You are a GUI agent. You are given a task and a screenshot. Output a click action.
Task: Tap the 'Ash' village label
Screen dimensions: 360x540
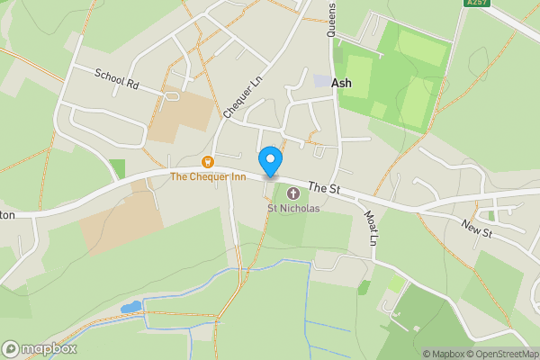342,82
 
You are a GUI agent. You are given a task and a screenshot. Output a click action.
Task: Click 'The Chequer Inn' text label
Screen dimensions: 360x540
209,177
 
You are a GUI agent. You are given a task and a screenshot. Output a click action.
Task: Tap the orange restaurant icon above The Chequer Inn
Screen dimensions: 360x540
209,162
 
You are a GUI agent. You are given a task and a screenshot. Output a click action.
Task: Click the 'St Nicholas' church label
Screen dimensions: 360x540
293,208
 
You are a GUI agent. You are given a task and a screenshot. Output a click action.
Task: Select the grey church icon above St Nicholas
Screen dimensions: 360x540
293,193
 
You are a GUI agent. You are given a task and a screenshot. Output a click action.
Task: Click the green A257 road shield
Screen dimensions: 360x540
477,4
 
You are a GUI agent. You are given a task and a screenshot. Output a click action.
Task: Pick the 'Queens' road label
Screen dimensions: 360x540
331,18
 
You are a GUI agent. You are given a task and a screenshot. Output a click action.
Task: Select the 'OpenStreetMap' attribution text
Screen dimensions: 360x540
505,354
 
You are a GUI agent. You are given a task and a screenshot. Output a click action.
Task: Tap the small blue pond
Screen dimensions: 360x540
132,307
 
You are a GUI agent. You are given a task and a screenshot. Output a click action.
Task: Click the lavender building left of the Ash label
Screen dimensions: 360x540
321,82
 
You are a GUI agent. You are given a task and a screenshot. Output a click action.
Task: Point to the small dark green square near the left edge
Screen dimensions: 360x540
117,168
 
